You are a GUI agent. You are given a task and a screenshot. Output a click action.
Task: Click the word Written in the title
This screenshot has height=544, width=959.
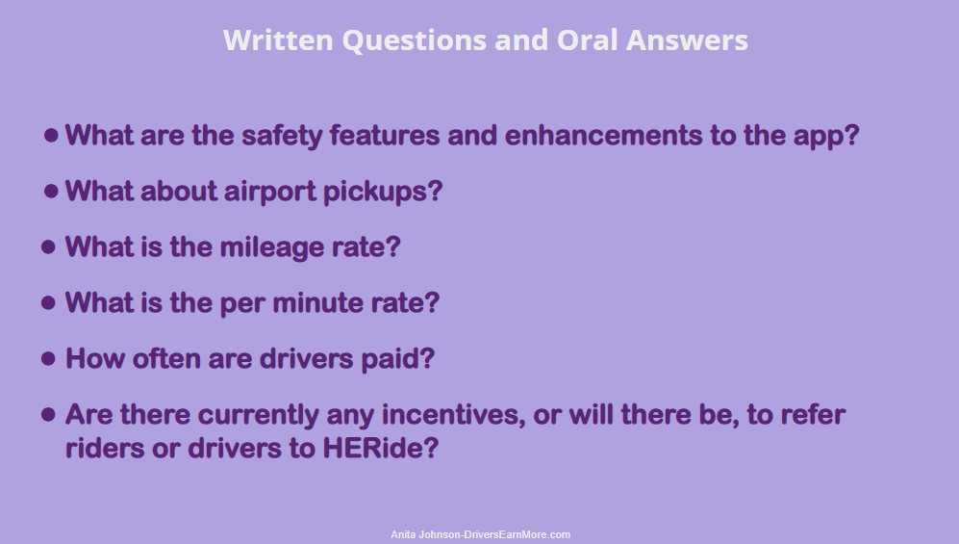pyautogui.click(x=278, y=40)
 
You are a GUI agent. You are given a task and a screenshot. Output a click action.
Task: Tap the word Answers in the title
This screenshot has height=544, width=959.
pyautogui.click(x=687, y=40)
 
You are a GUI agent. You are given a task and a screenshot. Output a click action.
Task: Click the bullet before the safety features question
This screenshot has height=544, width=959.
pyautogui.click(x=51, y=135)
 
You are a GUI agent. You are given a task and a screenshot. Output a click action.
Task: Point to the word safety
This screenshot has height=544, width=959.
pyautogui.click(x=281, y=136)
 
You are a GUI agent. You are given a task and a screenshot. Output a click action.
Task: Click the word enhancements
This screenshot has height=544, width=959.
pyautogui.click(x=603, y=135)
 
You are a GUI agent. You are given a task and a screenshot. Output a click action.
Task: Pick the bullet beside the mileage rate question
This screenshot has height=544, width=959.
pyautogui.click(x=48, y=247)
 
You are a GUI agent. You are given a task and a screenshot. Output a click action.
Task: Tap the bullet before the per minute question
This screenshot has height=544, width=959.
pyautogui.click(x=48, y=303)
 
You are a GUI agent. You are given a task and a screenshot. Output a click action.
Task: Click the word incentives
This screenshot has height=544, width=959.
pyautogui.click(x=453, y=415)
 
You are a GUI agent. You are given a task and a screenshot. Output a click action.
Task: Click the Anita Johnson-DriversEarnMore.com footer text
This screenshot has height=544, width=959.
pyautogui.click(x=481, y=534)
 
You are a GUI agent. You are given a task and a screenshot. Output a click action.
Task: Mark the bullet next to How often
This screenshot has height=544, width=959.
pyautogui.click(x=48, y=358)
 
